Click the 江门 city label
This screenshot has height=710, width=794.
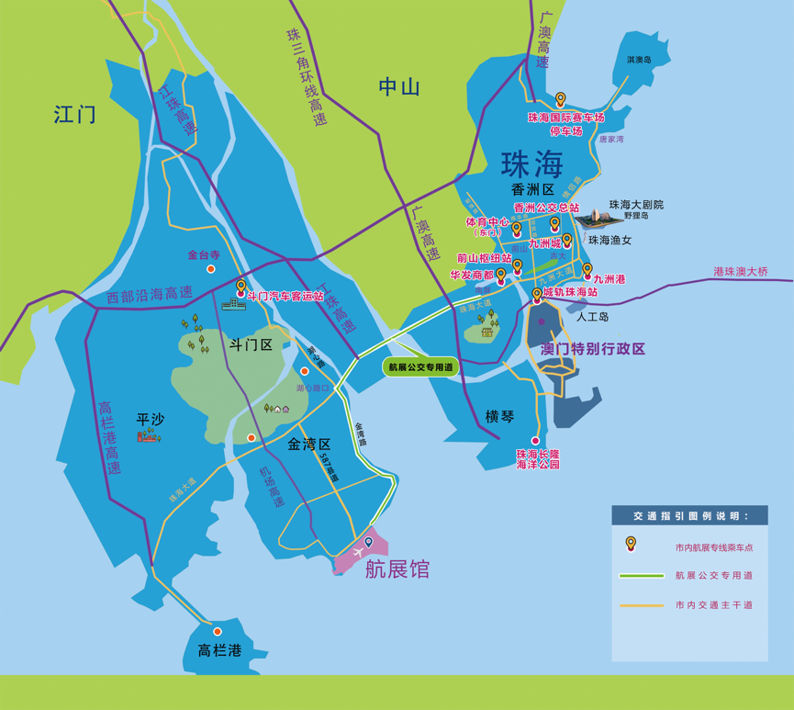(x=74, y=115)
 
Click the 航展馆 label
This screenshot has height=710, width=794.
(x=397, y=569)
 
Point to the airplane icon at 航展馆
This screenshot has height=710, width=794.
(x=354, y=551)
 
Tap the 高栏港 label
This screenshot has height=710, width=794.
(x=219, y=651)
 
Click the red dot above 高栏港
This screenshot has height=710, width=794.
(x=218, y=632)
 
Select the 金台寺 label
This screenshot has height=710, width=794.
(x=205, y=254)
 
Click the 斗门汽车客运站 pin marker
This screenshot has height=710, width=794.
(x=241, y=287)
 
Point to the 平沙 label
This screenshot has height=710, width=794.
(x=149, y=419)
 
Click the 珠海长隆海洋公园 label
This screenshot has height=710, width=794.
(x=537, y=459)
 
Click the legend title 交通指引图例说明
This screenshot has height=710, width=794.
(x=690, y=515)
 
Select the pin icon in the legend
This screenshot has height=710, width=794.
(x=631, y=544)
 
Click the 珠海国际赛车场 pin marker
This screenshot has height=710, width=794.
(x=561, y=100)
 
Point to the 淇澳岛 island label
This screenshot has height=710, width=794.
(x=639, y=61)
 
